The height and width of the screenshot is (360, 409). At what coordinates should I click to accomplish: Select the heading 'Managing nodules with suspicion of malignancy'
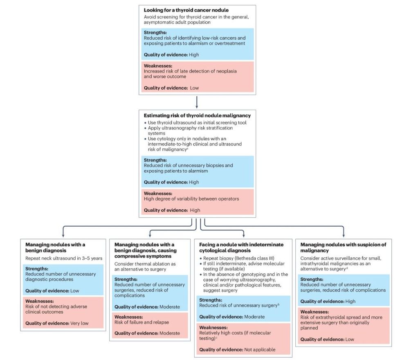[x=343, y=248]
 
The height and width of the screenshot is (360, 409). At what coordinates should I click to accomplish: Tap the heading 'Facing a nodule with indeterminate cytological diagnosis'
[x=238, y=248]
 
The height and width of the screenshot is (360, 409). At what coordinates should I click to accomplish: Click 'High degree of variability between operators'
[x=191, y=199]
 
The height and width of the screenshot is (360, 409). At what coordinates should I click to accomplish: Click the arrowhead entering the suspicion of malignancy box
[x=343, y=236]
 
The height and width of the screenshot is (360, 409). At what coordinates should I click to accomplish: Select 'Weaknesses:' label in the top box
[x=158, y=66]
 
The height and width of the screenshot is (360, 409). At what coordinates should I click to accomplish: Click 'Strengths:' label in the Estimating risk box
[x=155, y=160]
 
